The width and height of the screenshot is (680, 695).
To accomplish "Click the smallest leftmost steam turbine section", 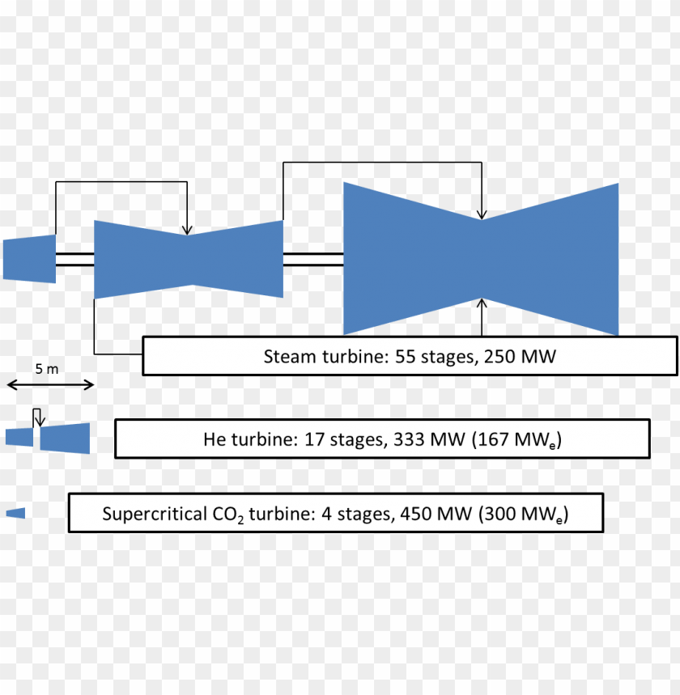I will coord(29,259).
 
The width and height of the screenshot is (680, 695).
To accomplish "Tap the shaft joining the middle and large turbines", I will coord(313,258).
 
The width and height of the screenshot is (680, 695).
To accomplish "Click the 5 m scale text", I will coord(47,369).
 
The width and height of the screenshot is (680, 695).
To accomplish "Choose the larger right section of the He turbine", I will coord(65,438).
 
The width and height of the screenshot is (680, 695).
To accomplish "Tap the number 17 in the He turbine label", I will coord(316,440).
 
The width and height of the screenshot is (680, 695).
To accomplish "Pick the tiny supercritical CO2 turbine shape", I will coord(15,513).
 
